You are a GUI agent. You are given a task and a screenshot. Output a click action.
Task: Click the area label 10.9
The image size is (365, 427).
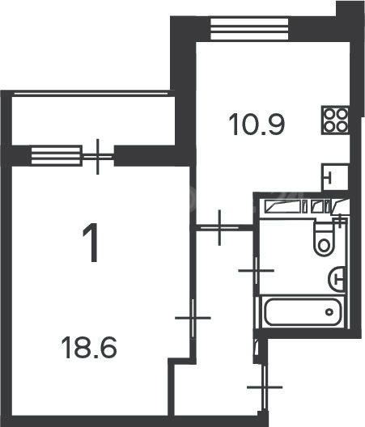[257, 125]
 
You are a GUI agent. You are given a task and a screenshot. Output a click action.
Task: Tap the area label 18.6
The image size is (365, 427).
[89, 348]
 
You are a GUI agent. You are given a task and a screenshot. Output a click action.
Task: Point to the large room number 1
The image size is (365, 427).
[91, 243]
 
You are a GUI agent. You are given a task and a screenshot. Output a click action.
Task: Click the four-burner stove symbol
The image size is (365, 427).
[336, 120]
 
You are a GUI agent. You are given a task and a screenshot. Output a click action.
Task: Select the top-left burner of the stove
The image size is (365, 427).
[330, 113]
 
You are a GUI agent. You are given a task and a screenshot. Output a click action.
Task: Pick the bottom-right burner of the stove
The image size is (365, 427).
[342, 126]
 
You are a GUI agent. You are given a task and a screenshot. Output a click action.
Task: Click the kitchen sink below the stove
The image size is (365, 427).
[335, 177]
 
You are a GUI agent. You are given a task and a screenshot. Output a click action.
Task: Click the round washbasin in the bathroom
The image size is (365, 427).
[337, 279]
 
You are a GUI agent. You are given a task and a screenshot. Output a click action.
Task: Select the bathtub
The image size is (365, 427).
[303, 312]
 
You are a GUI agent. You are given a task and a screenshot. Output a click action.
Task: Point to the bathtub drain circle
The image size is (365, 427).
[329, 312]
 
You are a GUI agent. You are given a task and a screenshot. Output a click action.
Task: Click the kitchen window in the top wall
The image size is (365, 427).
[249, 29]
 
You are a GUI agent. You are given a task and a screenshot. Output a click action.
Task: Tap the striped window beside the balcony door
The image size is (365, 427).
[57, 156]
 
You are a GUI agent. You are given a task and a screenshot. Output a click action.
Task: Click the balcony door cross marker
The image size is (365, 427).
[98, 157]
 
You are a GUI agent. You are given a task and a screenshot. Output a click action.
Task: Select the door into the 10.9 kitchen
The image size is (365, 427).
[219, 227]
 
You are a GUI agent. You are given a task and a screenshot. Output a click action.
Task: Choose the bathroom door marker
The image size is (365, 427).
[257, 271]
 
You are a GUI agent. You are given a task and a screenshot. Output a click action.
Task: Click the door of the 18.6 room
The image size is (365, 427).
[193, 318]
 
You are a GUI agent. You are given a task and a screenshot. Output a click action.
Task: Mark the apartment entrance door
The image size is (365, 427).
[265, 387]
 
